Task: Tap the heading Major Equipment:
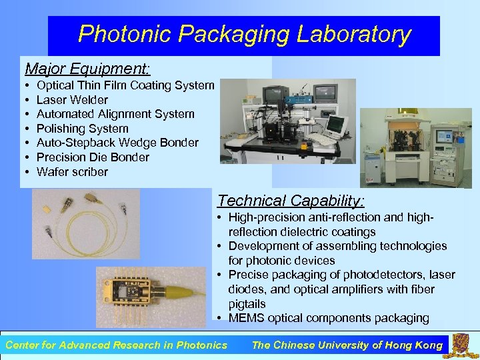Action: (87, 69)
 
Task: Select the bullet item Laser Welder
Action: (72, 100)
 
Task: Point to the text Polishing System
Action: (82, 129)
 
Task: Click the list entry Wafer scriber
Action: (72, 172)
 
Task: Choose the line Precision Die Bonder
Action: (93, 157)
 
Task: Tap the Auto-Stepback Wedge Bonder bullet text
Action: (117, 143)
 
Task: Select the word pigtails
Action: (247, 303)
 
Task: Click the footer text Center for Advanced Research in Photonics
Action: (116, 345)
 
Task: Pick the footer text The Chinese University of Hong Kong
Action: (347, 345)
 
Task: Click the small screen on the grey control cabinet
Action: (444, 136)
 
